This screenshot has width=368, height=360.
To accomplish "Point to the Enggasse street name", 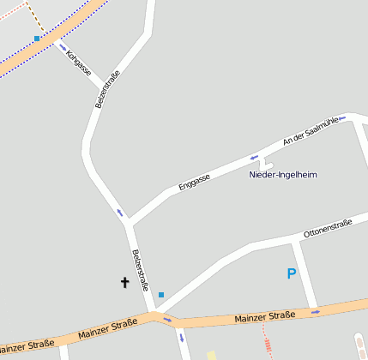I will point(194,180).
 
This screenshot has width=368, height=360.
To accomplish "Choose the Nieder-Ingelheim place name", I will point(283,175).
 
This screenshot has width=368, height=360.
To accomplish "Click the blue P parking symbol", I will point(292,274).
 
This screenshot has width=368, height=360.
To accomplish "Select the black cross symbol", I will point(124,281).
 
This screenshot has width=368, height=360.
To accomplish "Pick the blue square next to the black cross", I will point(160,295).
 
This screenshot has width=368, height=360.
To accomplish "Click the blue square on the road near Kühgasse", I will point(37,39).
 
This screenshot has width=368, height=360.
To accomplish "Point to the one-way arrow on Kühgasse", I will point(62,45).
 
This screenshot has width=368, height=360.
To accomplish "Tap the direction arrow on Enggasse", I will point(254,157).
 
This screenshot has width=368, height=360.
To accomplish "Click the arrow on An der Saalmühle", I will point(341,117).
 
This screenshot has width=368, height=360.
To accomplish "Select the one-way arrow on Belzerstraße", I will point(120,213).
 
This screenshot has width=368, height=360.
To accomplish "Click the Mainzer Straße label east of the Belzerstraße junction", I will point(264,316).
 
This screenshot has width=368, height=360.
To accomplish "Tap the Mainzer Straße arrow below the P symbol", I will point(316,312).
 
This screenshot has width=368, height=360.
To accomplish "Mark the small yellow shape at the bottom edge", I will point(211,355).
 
